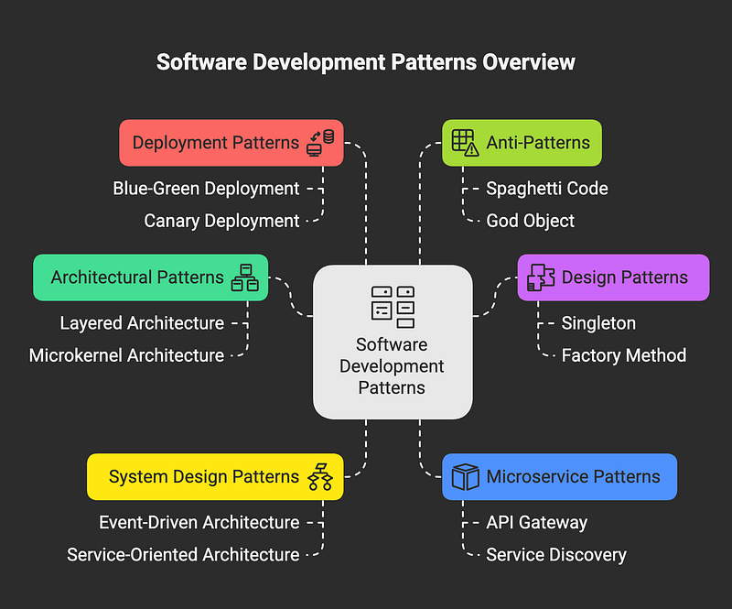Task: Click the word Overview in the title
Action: coord(529,62)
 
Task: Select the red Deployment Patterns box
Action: coord(231,143)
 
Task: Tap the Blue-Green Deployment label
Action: coord(206,189)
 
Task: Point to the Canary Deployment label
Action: coord(221,221)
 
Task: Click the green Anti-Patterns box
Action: coord(522,143)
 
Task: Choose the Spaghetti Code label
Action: coord(546,189)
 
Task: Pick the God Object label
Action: coord(530,221)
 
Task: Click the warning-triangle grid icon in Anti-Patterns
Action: coord(465,143)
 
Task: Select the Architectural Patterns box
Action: coord(150,277)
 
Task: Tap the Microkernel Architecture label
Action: coord(126,355)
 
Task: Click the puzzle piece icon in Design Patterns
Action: coord(541,277)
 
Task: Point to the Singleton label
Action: coord(598,323)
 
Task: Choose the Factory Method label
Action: coord(624,355)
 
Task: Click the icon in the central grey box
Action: coord(393,307)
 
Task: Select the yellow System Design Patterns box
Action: coord(215,477)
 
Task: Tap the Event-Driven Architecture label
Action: coord(199,522)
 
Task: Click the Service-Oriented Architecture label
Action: coord(183,555)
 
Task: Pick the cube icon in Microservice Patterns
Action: coord(465,477)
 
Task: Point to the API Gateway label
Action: coord(536,523)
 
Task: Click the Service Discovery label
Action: coord(556,555)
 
